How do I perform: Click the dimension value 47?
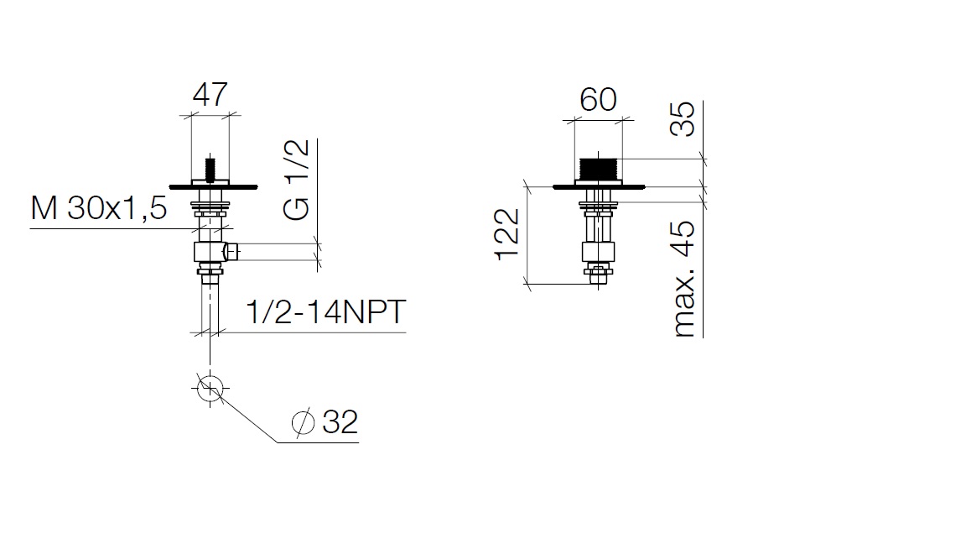click(x=210, y=94)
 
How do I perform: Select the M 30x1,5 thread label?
click(x=99, y=208)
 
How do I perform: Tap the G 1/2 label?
click(x=296, y=180)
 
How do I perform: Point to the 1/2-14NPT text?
click(x=326, y=311)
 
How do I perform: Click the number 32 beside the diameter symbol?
click(x=340, y=422)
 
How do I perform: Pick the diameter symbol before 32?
click(x=303, y=422)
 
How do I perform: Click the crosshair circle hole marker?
click(x=210, y=389)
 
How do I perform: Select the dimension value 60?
click(x=598, y=99)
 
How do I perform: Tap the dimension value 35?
click(x=683, y=119)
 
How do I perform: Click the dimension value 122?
click(x=508, y=234)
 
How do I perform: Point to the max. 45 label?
click(x=684, y=279)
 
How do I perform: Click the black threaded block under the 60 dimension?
click(x=598, y=169)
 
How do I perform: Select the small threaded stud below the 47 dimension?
click(x=210, y=170)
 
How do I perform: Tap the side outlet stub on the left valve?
click(x=232, y=252)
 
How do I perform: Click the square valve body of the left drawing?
click(x=210, y=252)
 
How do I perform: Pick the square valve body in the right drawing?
click(x=598, y=252)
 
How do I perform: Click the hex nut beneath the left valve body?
click(x=210, y=269)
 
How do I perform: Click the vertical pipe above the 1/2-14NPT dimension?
click(x=210, y=306)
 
